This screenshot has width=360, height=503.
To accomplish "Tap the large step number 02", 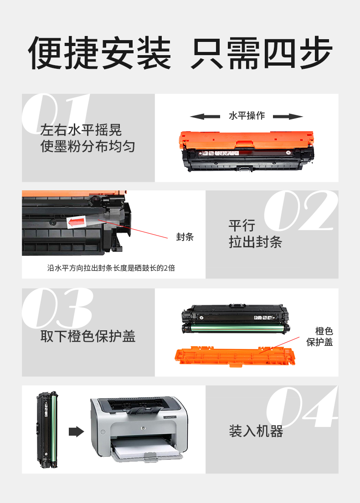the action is pyautogui.click(x=301, y=210).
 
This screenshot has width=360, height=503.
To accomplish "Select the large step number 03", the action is pyautogui.click(x=58, y=308).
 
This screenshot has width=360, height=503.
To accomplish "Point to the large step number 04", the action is pyautogui.click(x=302, y=407).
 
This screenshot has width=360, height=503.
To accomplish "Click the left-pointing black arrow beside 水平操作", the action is pyautogui.click(x=205, y=116).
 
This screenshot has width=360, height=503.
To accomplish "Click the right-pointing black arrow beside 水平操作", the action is pyautogui.click(x=288, y=116).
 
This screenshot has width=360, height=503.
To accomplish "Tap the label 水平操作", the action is pyautogui.click(x=247, y=115).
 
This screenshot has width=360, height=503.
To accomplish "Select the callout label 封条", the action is pyautogui.click(x=185, y=237).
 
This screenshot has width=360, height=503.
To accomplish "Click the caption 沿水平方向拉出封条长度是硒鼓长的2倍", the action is pyautogui.click(x=111, y=268).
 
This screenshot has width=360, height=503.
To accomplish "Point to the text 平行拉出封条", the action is pyautogui.click(x=255, y=234).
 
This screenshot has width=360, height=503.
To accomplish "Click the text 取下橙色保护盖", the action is pyautogui.click(x=88, y=336).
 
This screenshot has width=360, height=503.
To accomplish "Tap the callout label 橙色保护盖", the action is pyautogui.click(x=319, y=337).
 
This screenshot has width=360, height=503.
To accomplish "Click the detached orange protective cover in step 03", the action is pyautogui.click(x=235, y=356).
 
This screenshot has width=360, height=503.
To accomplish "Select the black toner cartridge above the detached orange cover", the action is pyautogui.click(x=236, y=319).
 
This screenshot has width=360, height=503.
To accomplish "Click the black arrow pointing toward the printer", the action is pyautogui.click(x=77, y=431).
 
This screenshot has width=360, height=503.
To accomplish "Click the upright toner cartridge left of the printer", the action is pyautogui.click(x=47, y=429).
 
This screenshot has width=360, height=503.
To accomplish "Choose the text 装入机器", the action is pyautogui.click(x=256, y=431).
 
